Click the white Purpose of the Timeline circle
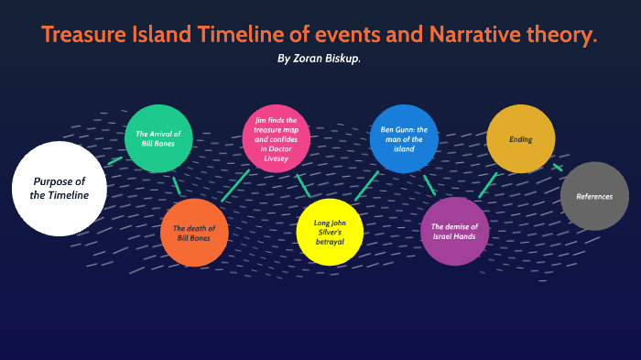click(x=59, y=188)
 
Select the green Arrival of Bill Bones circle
click(x=158, y=138)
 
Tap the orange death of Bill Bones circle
click(x=194, y=233)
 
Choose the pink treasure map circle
click(x=276, y=138)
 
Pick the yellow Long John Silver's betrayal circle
click(x=330, y=232)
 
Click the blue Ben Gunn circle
click(x=404, y=138)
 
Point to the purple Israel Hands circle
click(x=455, y=232)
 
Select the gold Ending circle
click(x=521, y=138)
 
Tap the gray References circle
click(x=594, y=196)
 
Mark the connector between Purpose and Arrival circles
click(x=114, y=160)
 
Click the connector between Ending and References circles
click(x=557, y=167)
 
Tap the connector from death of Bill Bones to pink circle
click(x=235, y=186)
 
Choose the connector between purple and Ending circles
click(x=488, y=185)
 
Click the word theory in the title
click(x=566, y=35)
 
